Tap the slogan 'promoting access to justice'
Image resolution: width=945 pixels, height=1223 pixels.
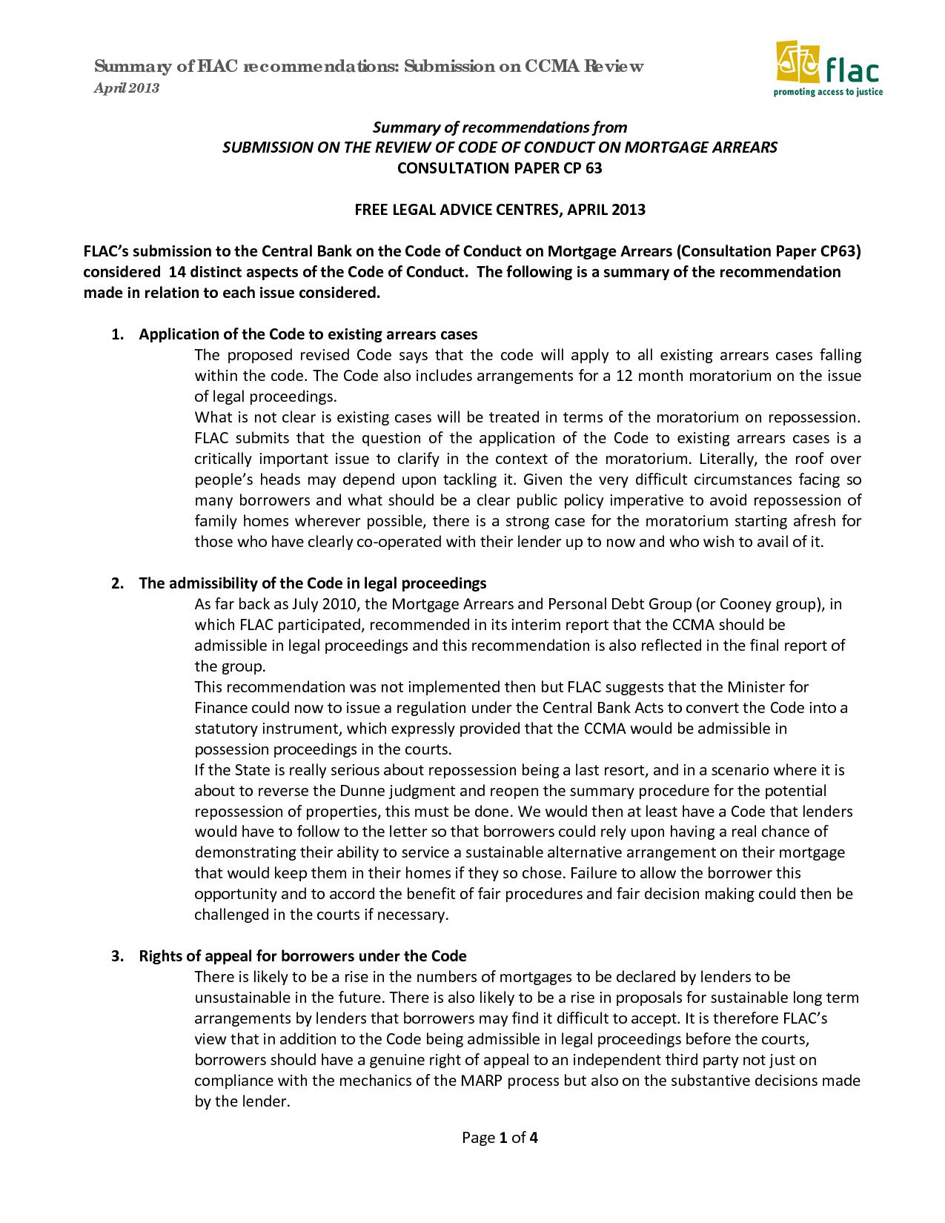(x=828, y=93)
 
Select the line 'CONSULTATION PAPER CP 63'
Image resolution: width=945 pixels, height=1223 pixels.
(x=500, y=168)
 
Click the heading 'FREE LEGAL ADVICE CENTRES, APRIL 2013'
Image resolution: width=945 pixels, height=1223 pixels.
(x=500, y=210)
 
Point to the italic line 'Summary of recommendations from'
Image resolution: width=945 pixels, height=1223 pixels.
(x=500, y=127)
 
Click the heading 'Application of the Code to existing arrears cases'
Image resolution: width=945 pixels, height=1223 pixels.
(x=308, y=334)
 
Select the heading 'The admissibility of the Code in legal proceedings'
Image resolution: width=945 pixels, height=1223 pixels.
(x=313, y=583)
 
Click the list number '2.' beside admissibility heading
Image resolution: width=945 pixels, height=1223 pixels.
(x=117, y=583)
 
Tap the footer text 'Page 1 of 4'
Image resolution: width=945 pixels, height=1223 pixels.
(x=500, y=1137)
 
